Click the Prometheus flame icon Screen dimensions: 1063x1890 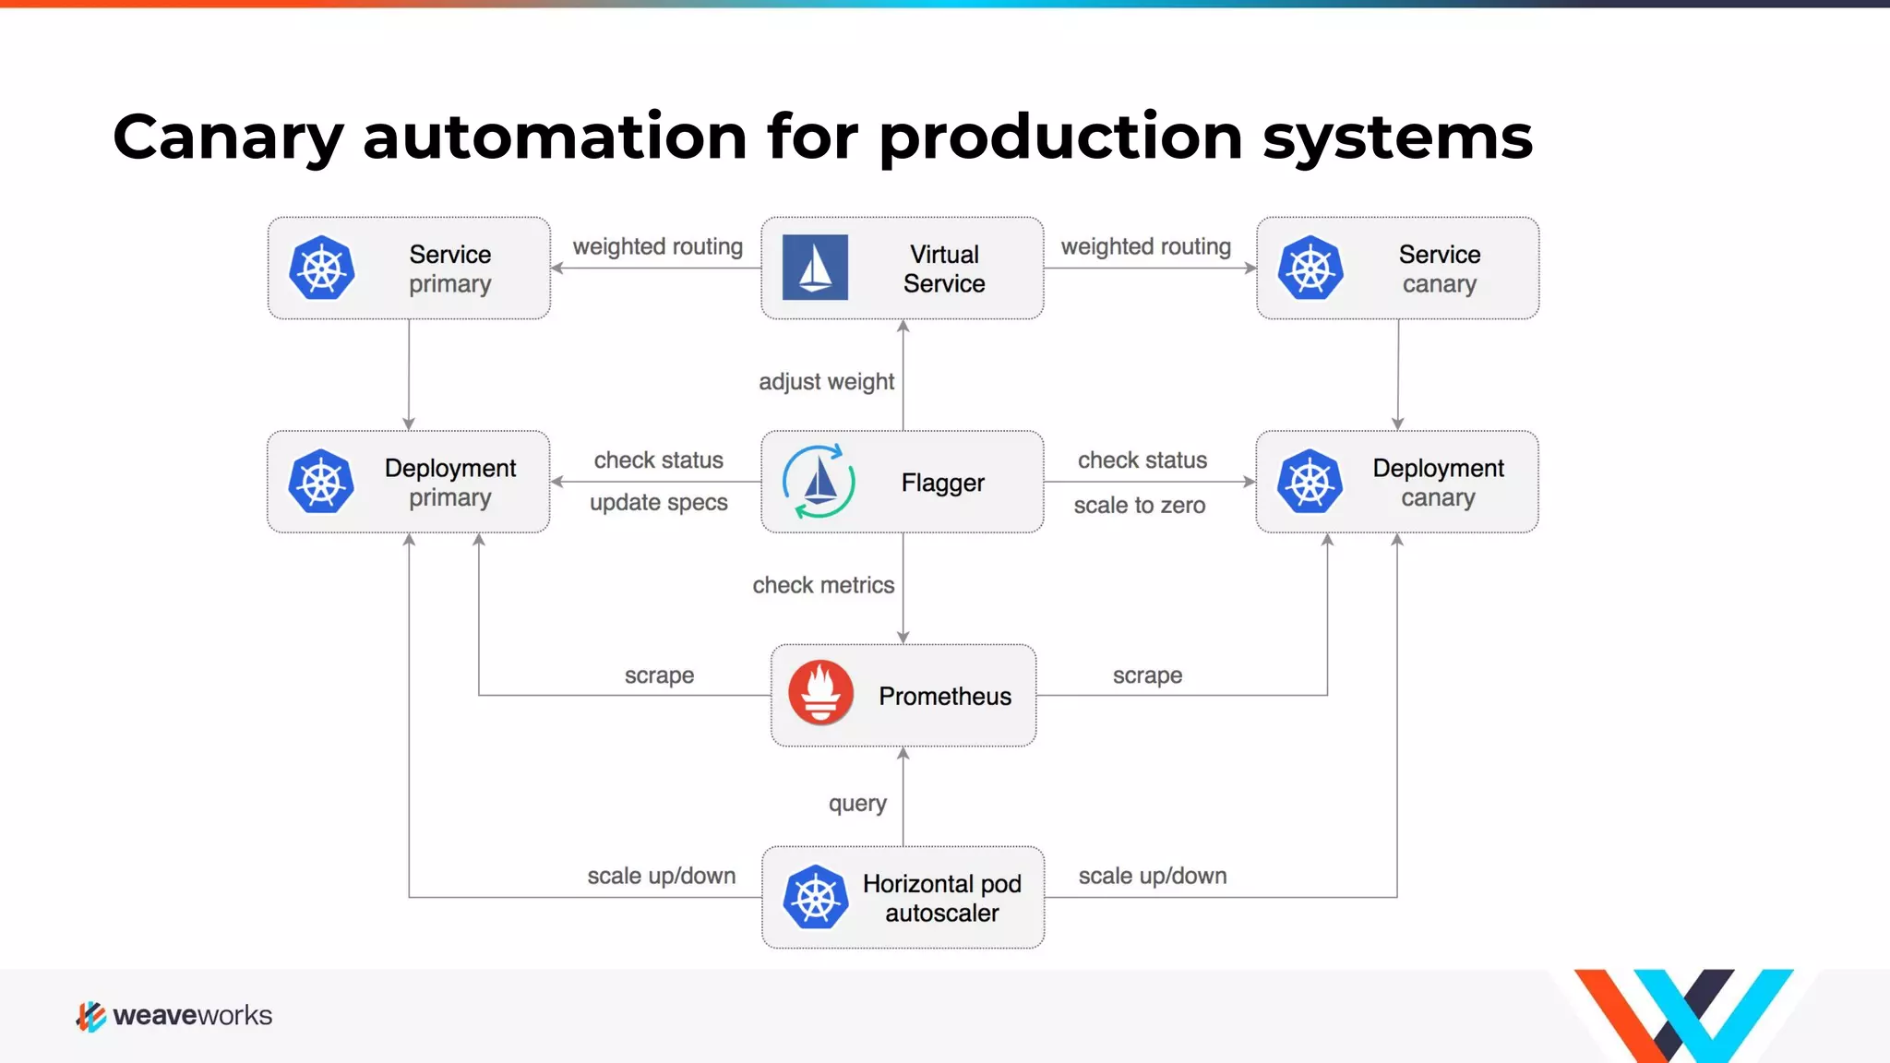pos(820,693)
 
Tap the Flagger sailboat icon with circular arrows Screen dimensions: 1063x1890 pos(818,482)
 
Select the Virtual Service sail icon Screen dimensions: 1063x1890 pos(815,268)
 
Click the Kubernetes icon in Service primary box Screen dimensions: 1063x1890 pos(321,268)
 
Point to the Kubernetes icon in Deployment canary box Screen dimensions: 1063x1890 pos(1310,482)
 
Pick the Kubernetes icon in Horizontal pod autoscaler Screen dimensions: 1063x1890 pos(815,897)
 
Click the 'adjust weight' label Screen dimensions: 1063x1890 pos(826,381)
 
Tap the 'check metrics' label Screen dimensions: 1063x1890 pos(823,585)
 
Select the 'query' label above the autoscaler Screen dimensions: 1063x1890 pos(857,803)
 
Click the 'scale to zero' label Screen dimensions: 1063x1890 pos(1140,506)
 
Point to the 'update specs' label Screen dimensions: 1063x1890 pos(658,503)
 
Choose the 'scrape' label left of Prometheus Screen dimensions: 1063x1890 pos(659,675)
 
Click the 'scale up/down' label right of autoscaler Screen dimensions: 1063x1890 pos(1153,876)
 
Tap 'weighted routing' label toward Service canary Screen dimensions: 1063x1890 pos(1145,246)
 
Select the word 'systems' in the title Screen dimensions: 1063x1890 pos(1396,137)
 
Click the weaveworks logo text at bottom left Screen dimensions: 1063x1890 pos(192,1016)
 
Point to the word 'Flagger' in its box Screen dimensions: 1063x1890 pos(942,483)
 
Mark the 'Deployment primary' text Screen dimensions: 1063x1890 pos(450,483)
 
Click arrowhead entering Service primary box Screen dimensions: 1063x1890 pos(556,269)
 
